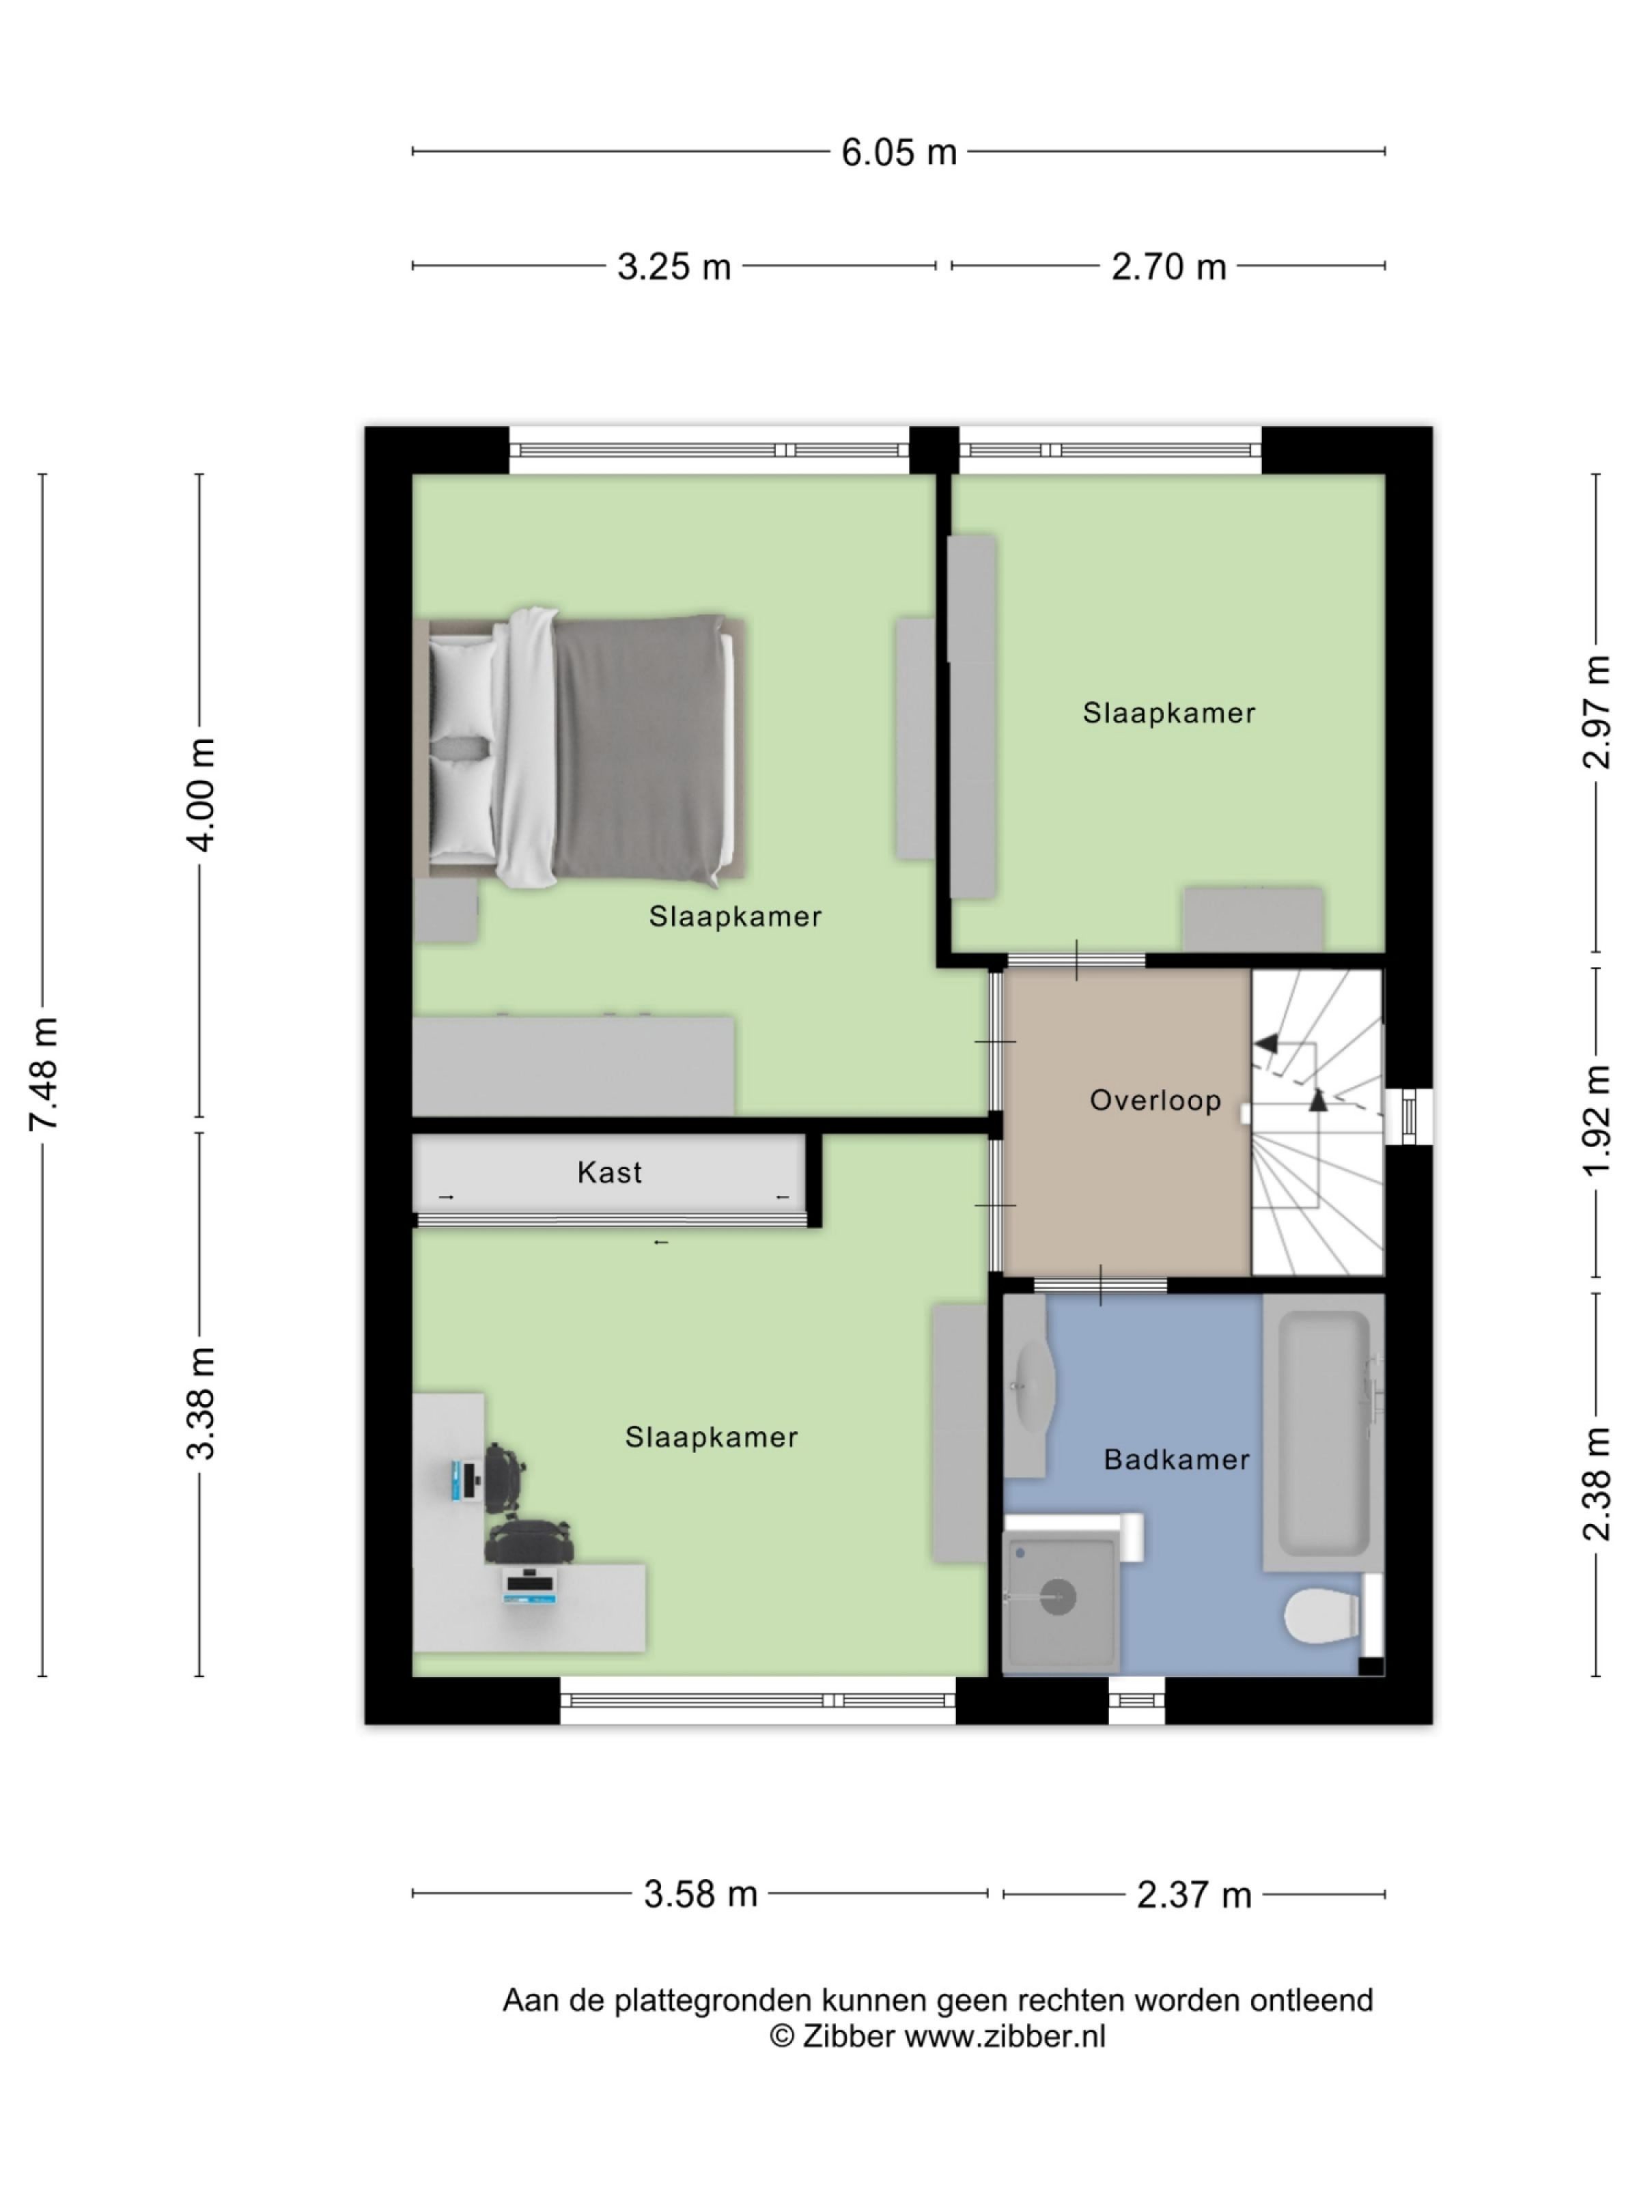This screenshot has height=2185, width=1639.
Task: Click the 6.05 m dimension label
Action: (x=898, y=152)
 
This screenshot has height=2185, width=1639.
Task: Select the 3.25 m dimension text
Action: (x=674, y=267)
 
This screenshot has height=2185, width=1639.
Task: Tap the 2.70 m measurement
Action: (x=1168, y=267)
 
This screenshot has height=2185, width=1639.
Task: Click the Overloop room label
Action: (x=1155, y=1101)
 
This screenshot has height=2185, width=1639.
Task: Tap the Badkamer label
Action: (x=1176, y=1459)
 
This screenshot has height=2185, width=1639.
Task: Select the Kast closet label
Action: (x=610, y=1172)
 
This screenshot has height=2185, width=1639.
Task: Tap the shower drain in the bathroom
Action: (x=1057, y=1597)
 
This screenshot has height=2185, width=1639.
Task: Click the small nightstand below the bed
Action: (x=445, y=910)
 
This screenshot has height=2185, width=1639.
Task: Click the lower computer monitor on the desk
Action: (x=531, y=1584)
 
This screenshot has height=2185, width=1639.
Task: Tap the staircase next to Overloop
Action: (x=1317, y=1121)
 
